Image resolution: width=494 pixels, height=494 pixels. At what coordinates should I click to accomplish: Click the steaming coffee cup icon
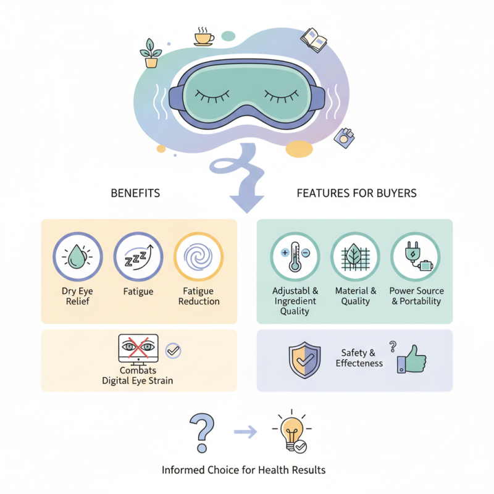[204, 36]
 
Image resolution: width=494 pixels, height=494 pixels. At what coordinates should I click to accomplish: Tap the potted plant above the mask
[151, 53]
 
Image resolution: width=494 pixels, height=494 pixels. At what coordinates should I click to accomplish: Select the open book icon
[314, 40]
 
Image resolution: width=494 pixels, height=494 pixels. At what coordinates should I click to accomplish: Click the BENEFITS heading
[135, 193]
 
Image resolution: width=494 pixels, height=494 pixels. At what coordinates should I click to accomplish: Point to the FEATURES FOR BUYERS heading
[357, 193]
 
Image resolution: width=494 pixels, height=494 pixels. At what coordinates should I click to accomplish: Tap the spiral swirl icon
[198, 257]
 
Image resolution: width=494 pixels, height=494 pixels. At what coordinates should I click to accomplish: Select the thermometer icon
[295, 256]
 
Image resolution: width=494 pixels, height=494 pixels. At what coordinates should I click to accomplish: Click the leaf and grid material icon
[355, 257]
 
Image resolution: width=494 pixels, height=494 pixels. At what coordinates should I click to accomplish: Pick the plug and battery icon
[418, 256]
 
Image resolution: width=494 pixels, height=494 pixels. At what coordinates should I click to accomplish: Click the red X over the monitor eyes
[138, 347]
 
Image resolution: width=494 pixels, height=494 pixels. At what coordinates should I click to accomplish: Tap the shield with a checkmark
[304, 360]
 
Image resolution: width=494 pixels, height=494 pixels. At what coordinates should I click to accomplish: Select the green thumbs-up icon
[411, 359]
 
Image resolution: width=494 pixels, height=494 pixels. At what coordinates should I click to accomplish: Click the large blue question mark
[202, 433]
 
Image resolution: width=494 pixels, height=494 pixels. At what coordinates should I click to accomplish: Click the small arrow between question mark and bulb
[245, 432]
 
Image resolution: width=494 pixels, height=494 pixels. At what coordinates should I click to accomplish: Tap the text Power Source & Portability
[416, 296]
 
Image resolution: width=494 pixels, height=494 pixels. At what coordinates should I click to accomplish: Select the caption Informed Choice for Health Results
[243, 470]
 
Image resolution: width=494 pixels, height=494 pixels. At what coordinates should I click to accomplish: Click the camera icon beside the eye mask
[344, 138]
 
